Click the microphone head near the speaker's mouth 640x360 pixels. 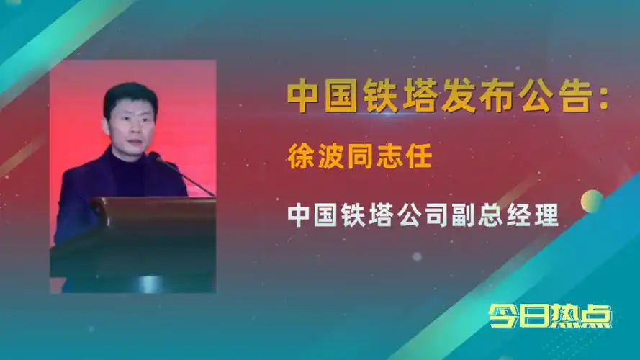(x=154, y=156)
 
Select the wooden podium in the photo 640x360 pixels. (x=144, y=238)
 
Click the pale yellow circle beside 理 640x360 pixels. (x=592, y=201)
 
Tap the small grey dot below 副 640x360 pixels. (x=417, y=256)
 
